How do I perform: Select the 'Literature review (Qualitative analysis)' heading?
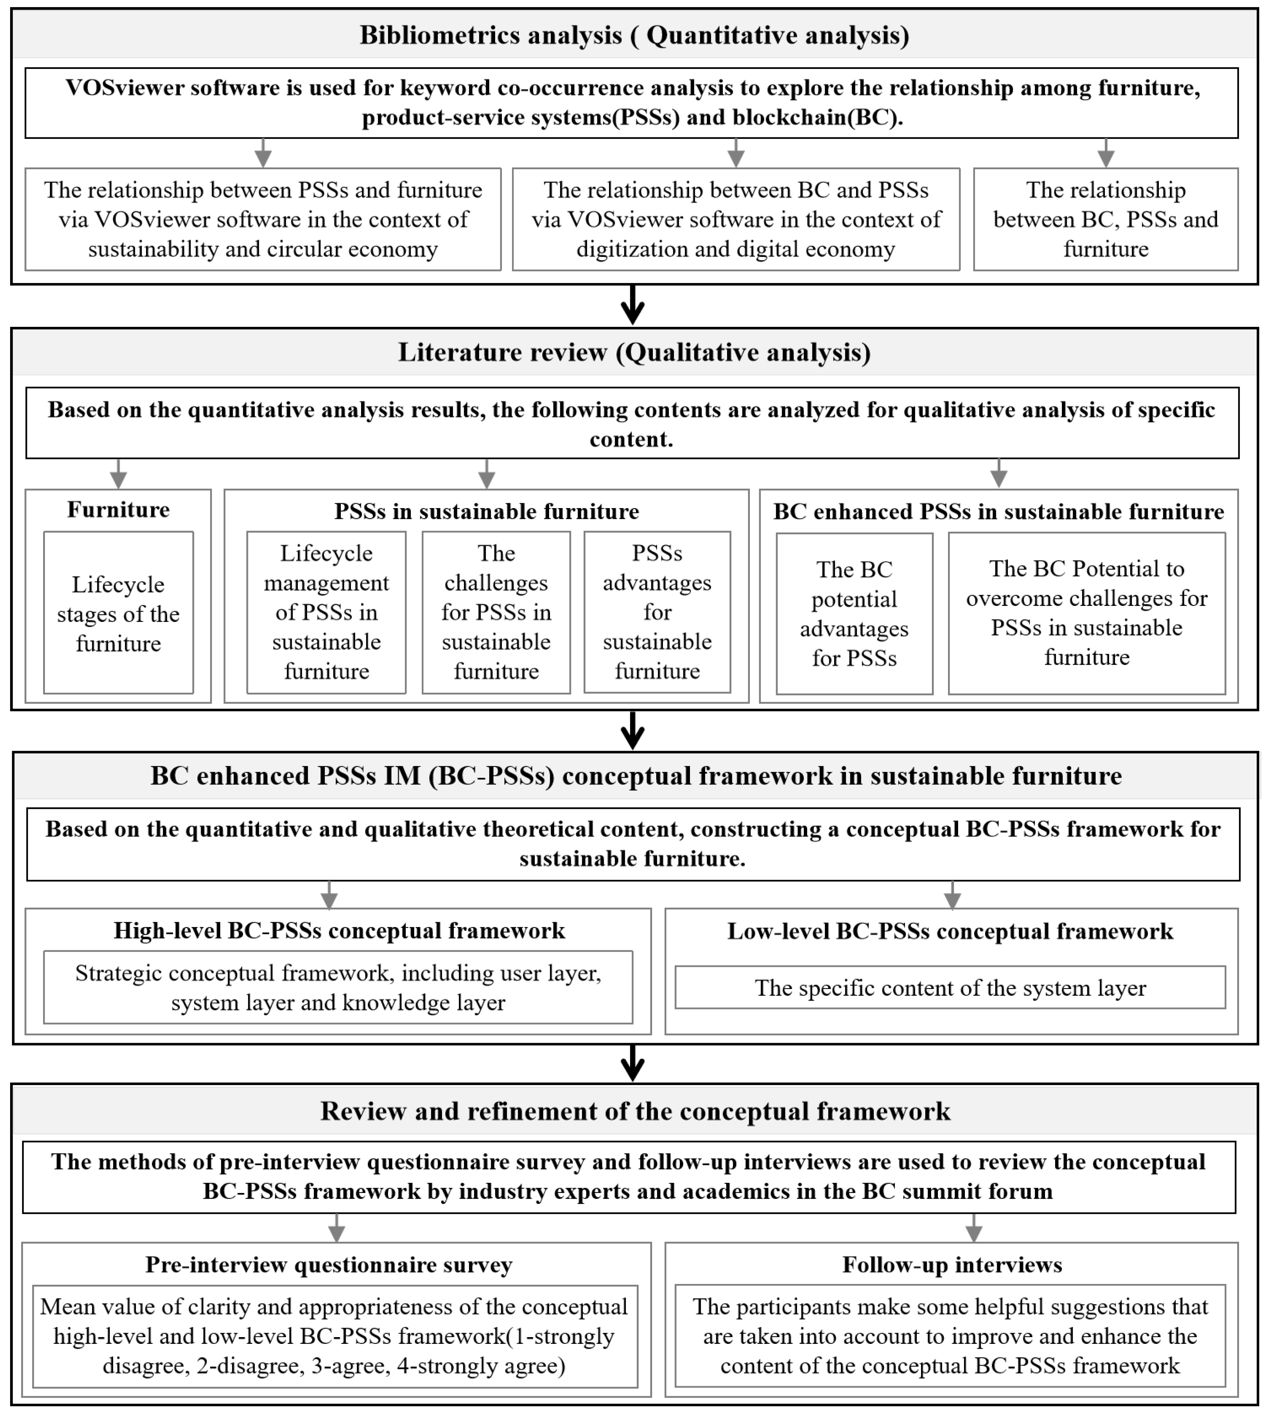click(x=634, y=353)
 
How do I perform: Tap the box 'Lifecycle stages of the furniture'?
click(x=118, y=613)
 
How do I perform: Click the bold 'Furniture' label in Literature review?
click(x=118, y=510)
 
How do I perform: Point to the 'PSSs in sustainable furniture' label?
click(x=486, y=511)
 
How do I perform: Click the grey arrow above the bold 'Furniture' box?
click(x=119, y=474)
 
